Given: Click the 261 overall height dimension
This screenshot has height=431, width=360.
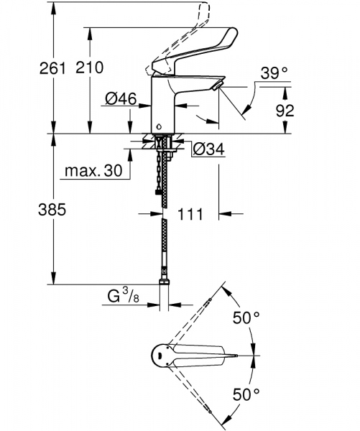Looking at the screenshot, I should pos(52,68).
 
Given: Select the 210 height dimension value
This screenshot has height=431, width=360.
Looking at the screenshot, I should pos(90,68).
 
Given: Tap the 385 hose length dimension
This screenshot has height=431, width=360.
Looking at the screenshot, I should pos(52,210).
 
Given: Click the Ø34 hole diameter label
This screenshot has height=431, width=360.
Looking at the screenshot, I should pos(209,149).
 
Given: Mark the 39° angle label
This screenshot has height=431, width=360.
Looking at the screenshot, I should pos(274,73).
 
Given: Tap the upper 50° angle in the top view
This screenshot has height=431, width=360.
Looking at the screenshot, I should pos(245,317).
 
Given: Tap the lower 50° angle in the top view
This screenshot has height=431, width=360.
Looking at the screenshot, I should pos(245,394).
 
